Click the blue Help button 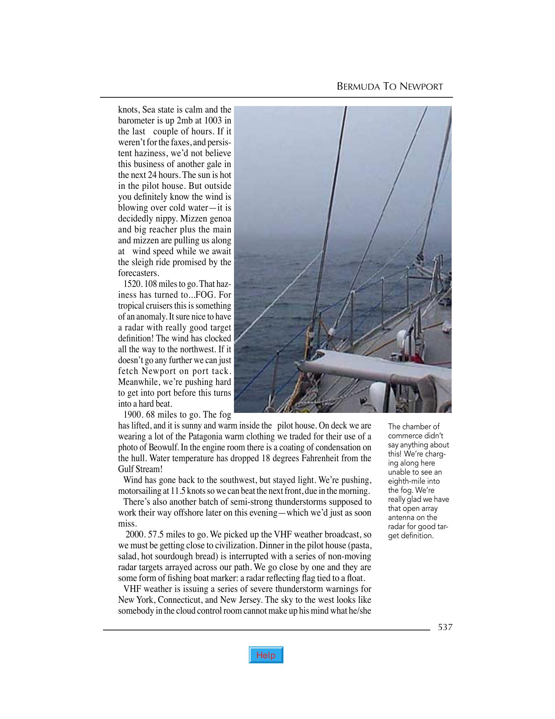pyautogui.click(x=266, y=655)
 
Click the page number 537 pyautogui.click(x=445, y=627)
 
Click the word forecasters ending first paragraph pyautogui.click(x=139, y=273)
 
